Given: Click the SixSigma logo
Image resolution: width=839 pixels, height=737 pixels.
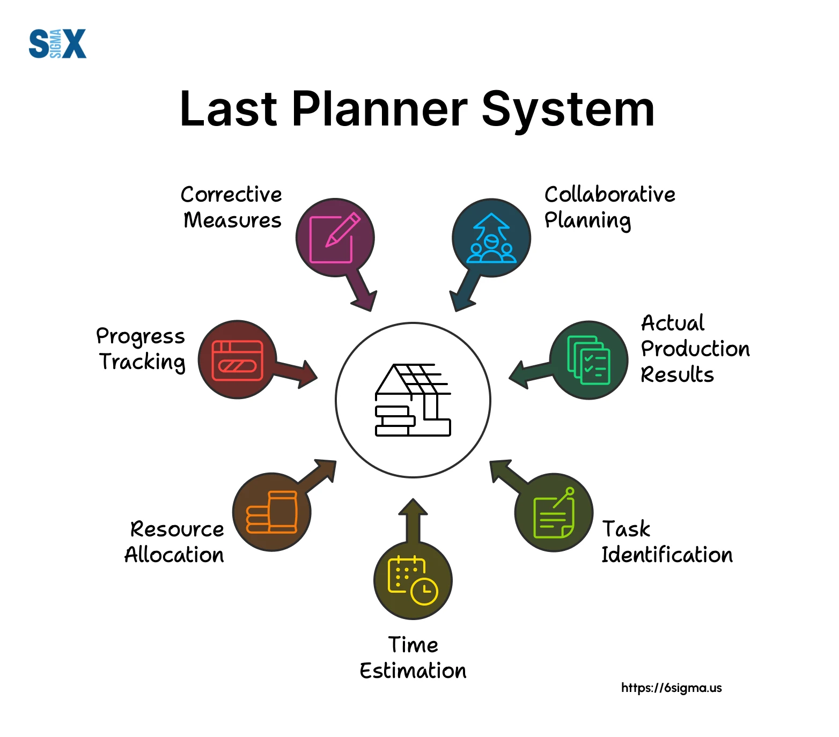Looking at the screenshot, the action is click(x=57, y=43).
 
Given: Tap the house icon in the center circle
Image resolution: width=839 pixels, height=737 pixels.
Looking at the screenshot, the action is click(x=413, y=400).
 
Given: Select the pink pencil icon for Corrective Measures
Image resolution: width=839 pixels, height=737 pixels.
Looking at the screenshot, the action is click(x=335, y=238).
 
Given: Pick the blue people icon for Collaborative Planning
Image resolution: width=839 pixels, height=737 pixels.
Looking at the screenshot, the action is click(x=491, y=238).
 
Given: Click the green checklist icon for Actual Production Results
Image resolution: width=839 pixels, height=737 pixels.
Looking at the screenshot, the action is click(x=588, y=360).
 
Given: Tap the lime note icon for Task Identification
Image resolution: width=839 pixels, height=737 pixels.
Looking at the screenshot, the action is click(x=554, y=512).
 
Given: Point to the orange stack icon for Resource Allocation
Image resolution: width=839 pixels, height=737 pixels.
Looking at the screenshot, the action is click(x=271, y=512).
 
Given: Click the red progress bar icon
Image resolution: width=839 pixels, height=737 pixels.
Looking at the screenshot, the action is click(x=238, y=360).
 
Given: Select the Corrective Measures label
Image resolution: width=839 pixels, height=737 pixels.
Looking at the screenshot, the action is click(x=231, y=207).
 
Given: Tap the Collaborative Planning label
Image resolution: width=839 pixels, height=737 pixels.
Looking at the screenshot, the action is click(x=610, y=207).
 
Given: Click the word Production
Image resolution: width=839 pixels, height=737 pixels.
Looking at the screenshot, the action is click(x=695, y=349).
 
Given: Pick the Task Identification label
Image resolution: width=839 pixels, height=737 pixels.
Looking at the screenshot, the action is click(x=667, y=542).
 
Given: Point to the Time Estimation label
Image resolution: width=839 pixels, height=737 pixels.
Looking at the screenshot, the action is click(x=413, y=658).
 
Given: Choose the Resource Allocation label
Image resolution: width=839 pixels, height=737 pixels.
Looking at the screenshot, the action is click(x=174, y=542).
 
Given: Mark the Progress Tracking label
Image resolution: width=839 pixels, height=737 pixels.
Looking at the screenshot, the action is click(x=141, y=349).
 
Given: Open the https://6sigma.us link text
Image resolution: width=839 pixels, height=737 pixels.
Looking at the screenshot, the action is click(x=672, y=688).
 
